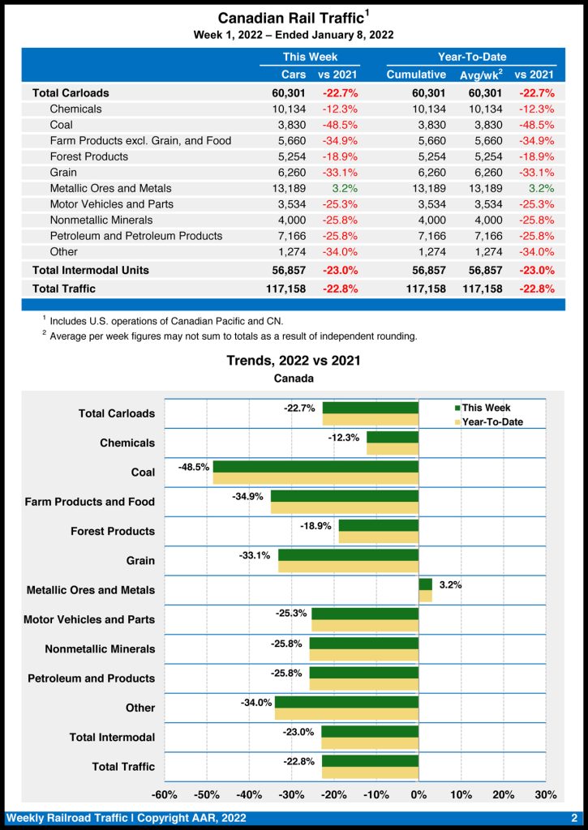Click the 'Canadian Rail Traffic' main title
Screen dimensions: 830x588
coord(290,18)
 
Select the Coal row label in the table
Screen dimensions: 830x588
coord(61,125)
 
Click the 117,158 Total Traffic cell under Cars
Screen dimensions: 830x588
coord(285,289)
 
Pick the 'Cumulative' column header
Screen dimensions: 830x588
coord(416,75)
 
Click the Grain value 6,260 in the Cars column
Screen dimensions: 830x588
coord(290,173)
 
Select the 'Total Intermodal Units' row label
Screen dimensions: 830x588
coord(90,270)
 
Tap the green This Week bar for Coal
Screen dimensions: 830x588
coord(315,467)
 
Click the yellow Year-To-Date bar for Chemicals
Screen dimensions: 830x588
coord(393,449)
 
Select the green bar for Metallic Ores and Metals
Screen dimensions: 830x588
coord(425,584)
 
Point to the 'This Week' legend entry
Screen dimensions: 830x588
coord(486,408)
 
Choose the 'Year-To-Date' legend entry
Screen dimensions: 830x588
coord(491,421)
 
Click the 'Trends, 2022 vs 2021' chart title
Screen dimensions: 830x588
coord(294,361)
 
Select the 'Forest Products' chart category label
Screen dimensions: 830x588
coord(113,531)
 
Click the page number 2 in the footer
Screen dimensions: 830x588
coord(573,818)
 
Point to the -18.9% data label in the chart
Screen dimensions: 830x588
coord(316,525)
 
